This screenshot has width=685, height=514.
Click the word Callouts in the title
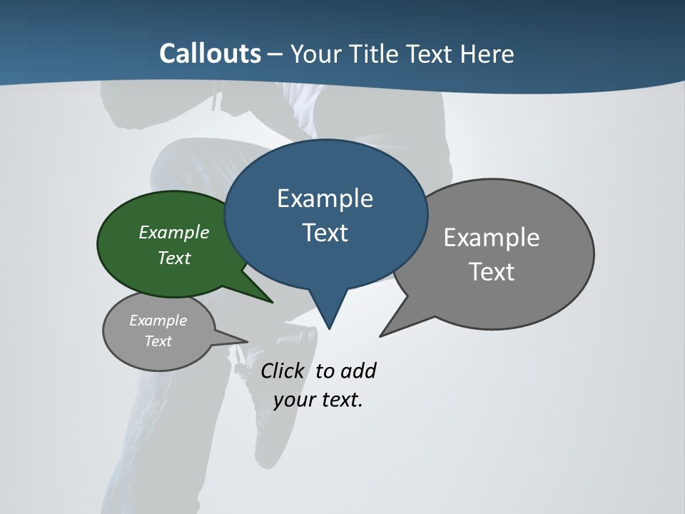(210, 54)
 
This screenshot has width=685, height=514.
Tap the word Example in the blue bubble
(325, 198)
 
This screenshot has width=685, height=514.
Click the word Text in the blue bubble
(325, 233)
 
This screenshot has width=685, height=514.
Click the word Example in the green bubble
(174, 232)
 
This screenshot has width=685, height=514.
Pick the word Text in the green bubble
(174, 258)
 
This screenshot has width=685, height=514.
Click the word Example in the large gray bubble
(492, 238)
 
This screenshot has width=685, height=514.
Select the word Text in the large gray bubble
(492, 272)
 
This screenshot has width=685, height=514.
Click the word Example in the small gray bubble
(158, 321)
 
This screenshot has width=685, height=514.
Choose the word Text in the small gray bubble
(158, 341)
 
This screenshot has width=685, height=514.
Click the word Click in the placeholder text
(283, 371)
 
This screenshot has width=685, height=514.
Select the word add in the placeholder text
(358, 371)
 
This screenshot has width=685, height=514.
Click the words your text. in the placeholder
(318, 400)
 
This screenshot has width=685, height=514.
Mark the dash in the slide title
(275, 54)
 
